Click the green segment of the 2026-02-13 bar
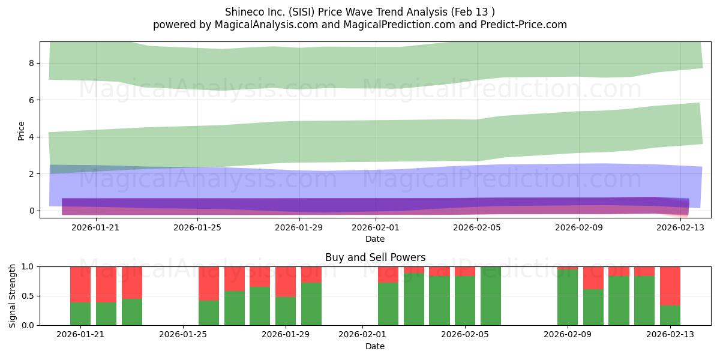(x=670, y=315)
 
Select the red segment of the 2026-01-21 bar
(x=80, y=284)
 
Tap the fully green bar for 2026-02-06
(x=491, y=296)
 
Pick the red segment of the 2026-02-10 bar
(x=593, y=278)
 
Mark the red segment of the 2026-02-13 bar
(x=670, y=286)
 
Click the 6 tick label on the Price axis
(x=31, y=100)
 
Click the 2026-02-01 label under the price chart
(x=376, y=227)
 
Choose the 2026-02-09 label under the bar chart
(x=568, y=335)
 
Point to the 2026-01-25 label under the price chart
(x=197, y=227)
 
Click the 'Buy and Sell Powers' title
(x=375, y=257)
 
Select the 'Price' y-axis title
(x=21, y=131)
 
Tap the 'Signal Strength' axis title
(x=12, y=296)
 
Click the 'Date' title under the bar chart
(x=375, y=346)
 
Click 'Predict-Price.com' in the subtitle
(x=524, y=25)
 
